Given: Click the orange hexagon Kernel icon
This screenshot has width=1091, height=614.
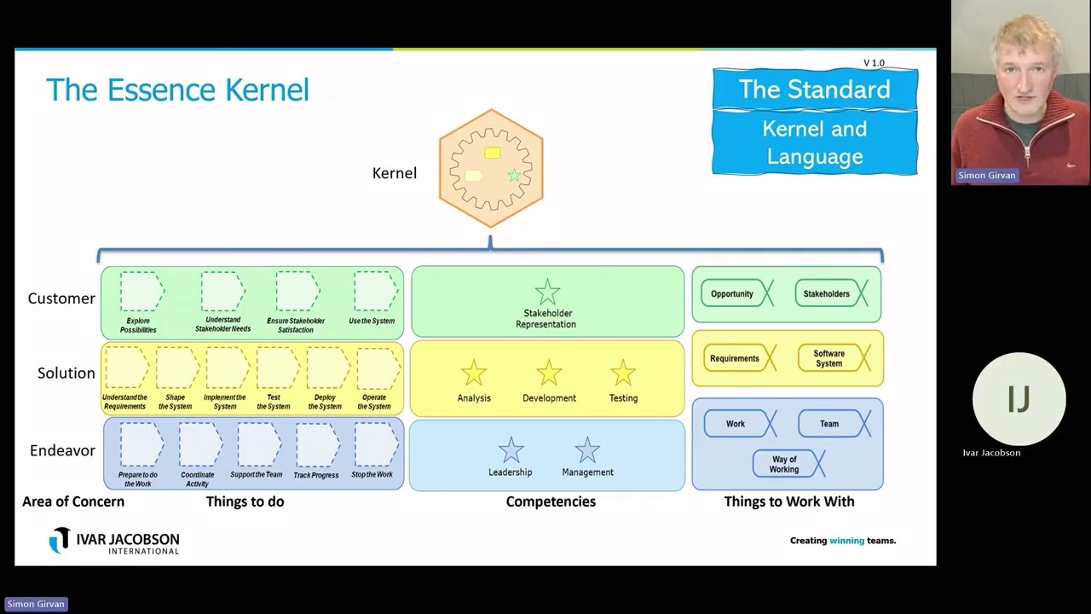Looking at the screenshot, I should [x=491, y=168].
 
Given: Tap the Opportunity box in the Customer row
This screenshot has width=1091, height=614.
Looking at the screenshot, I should [x=732, y=293].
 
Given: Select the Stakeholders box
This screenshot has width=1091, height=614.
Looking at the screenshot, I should [x=827, y=293].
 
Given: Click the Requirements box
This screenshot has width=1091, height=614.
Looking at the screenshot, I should [x=735, y=358].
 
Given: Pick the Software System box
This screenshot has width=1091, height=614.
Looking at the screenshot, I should [x=829, y=358].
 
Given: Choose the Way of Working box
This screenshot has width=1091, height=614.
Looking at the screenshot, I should [x=784, y=464].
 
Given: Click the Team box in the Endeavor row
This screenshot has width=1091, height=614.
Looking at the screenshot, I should [x=829, y=423].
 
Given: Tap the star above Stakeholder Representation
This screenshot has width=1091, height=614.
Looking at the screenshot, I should [x=547, y=293].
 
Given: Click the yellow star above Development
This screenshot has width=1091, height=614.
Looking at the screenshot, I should [x=549, y=373].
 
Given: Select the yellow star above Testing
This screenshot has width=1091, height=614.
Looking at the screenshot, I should [x=623, y=373].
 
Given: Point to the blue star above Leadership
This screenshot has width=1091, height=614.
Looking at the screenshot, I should [x=511, y=449].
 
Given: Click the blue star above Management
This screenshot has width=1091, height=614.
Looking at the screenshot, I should [x=587, y=449].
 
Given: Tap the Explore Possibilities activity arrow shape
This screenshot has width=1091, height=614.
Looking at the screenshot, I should [x=141, y=293].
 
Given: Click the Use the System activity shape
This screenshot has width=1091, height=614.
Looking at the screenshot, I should [x=375, y=292].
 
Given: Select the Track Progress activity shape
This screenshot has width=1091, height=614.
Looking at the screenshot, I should [x=317, y=444].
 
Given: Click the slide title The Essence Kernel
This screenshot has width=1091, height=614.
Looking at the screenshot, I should [x=177, y=90].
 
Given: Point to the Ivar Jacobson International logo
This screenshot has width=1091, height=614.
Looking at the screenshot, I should [x=114, y=541].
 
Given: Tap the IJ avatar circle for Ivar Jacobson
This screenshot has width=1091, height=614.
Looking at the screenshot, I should [x=1019, y=399].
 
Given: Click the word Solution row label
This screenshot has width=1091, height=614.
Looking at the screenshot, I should [x=66, y=374].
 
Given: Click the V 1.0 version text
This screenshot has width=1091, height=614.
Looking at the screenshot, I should [x=874, y=63].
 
